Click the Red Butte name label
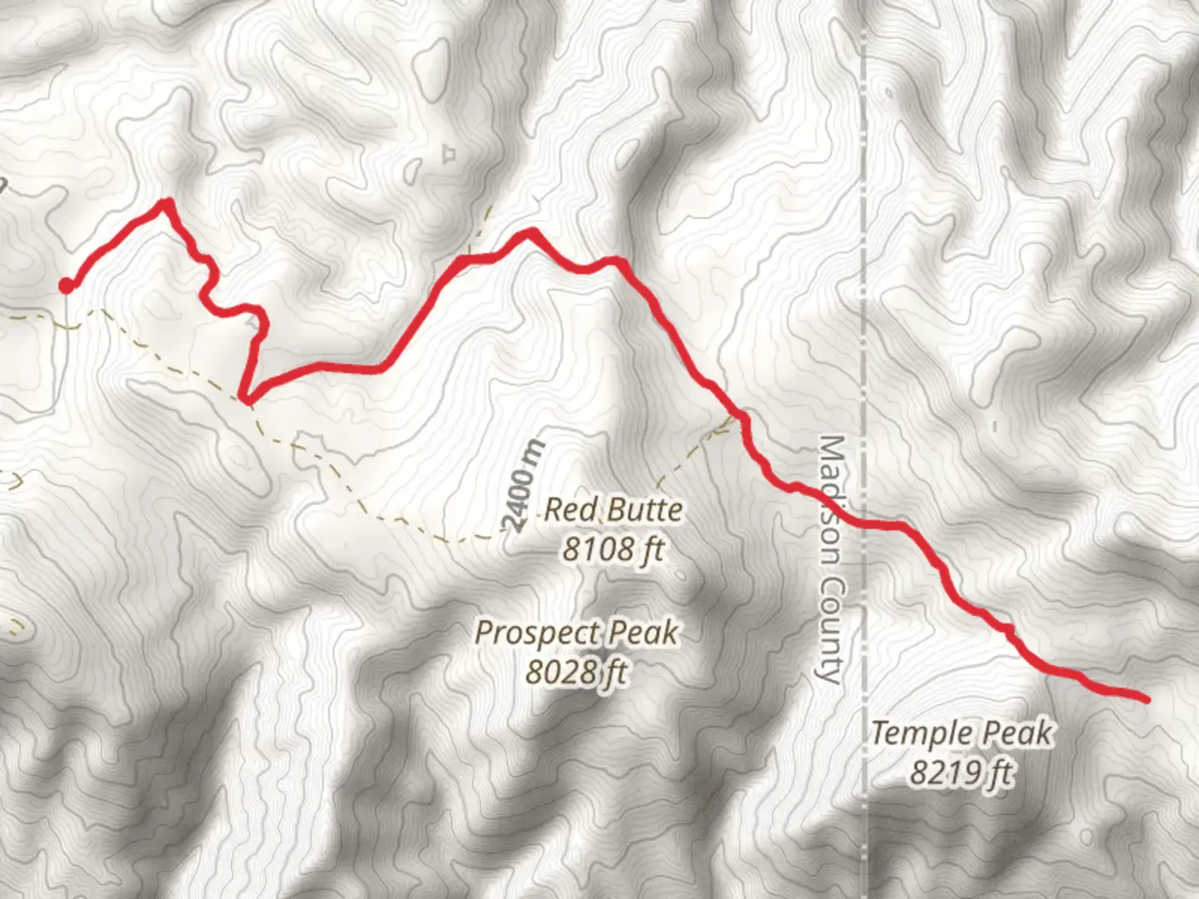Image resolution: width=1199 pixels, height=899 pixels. tap(613, 509)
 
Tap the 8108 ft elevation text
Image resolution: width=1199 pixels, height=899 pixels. tap(613, 549)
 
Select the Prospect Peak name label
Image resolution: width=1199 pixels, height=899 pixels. tap(576, 633)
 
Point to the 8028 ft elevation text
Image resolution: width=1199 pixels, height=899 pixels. tap(576, 671)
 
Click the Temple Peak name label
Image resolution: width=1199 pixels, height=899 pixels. tap(962, 733)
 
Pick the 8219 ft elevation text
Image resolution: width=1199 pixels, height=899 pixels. tap(962, 773)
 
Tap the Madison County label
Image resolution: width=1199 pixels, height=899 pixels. tap(829, 558)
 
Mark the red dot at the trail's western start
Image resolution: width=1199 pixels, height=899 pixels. tap(65, 286)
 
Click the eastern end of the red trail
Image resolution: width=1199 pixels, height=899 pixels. tap(1146, 699)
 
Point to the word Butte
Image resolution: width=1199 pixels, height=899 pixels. tap(643, 509)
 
